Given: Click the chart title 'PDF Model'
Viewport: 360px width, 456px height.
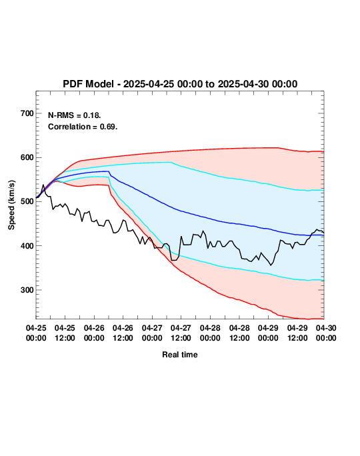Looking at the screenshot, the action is click(88, 84).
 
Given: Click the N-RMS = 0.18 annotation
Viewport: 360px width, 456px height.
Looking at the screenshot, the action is click(74, 115).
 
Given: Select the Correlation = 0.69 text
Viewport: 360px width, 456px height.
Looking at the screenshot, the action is click(83, 127).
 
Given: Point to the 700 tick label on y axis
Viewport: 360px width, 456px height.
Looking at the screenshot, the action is click(27, 113).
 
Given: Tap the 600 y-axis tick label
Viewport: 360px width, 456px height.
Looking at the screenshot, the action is click(27, 157).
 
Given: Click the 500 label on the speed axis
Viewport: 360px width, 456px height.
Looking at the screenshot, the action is click(27, 201).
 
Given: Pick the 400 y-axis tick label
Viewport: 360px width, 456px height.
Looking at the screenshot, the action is click(27, 246).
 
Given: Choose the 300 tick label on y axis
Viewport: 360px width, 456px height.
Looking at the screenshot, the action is click(27, 290).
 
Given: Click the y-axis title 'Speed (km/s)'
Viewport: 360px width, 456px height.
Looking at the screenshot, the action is click(11, 205).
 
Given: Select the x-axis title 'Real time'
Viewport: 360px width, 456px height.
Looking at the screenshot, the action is click(180, 355).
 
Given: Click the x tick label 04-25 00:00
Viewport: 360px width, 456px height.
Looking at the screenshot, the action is click(36, 333).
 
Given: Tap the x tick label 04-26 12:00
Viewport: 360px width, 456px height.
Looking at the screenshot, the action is click(123, 333).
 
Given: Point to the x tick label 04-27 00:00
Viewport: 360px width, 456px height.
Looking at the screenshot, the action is click(152, 333).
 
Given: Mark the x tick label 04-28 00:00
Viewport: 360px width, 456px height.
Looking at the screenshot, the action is click(210, 333).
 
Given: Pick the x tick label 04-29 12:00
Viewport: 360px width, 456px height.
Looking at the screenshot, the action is click(297, 333).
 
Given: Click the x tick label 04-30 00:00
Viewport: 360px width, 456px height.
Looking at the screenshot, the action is click(326, 333).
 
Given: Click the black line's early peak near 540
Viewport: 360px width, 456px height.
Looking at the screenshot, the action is click(43, 185).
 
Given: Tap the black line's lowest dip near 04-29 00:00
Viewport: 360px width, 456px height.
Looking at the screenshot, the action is click(271, 265).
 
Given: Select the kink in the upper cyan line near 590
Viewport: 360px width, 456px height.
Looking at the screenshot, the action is click(171, 162).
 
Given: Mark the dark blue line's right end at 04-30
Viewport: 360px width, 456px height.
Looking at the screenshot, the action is click(323, 235).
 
